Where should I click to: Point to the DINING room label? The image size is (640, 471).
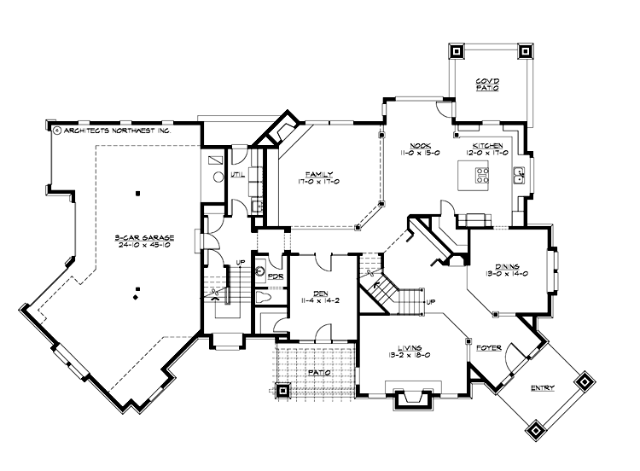click(507, 265)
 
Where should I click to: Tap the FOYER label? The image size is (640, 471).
click(489, 347)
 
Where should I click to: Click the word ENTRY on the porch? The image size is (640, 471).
click(543, 388)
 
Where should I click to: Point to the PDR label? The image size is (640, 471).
click(275, 276)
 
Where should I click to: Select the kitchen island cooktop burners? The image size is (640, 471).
click(481, 177)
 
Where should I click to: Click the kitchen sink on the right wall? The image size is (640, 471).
click(518, 176)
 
